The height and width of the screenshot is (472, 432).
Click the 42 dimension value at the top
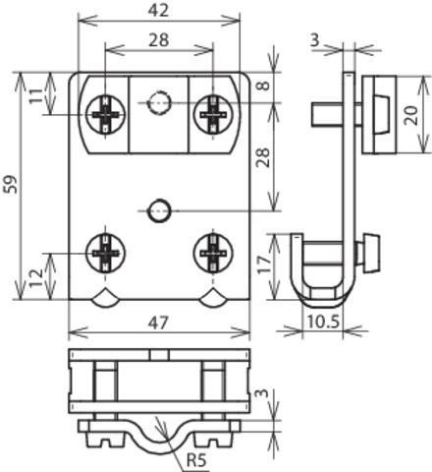pos(158,10)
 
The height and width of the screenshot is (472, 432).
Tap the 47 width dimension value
pos(158,324)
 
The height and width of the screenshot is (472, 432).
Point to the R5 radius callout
pos(196,460)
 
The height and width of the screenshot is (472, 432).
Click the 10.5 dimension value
pos(323,322)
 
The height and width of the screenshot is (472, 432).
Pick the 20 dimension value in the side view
pos(411,115)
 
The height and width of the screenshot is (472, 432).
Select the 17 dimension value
pos(264,265)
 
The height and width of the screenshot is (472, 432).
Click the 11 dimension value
pos(36,95)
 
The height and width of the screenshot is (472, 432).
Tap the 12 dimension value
pos(36,277)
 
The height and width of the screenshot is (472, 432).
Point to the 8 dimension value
pos(263,86)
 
